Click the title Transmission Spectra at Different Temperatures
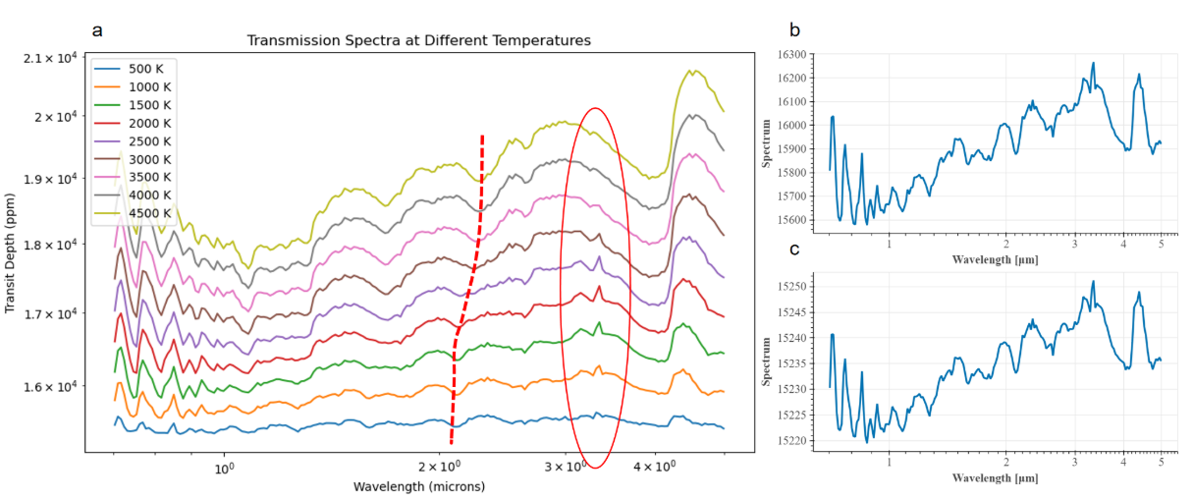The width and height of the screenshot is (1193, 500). pyautogui.click(x=418, y=41)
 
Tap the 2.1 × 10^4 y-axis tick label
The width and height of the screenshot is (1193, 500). pyautogui.click(x=49, y=59)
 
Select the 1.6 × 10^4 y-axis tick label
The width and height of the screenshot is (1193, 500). pyautogui.click(x=49, y=386)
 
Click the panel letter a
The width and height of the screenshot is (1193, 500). pyautogui.click(x=97, y=29)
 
